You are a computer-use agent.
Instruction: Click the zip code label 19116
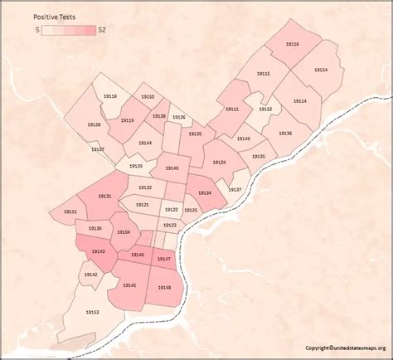tap(293, 44)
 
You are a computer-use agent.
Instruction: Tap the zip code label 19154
tap(321, 70)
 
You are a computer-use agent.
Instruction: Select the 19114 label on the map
tap(299, 101)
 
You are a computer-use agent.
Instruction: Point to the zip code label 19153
tap(92, 312)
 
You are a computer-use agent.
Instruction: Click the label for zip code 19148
tap(164, 287)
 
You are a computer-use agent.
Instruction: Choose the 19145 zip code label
tap(129, 285)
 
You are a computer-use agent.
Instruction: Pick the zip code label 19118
tap(110, 97)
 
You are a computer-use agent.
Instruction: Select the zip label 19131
tap(104, 196)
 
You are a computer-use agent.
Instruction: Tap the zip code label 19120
tap(195, 134)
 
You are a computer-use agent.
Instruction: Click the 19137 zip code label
tap(235, 190)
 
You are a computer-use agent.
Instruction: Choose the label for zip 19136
tap(284, 133)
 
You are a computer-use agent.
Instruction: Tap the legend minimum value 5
tap(37, 30)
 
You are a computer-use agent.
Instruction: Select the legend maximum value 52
tap(102, 30)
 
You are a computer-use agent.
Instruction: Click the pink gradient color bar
tap(69, 30)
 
